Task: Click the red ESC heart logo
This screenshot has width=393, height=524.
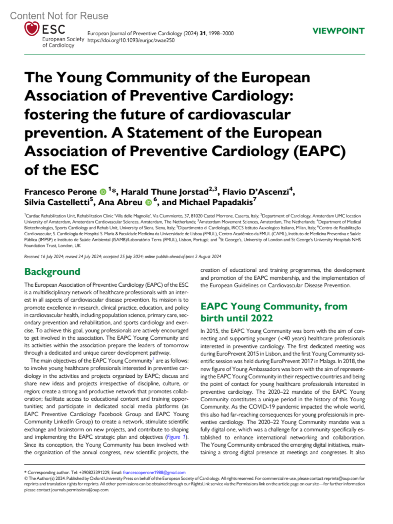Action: click(x=32, y=29)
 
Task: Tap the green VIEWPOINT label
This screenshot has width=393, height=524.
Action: click(x=338, y=31)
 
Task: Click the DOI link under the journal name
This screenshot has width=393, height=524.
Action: click(x=131, y=41)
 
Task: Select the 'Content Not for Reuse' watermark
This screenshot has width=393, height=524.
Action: click(x=59, y=16)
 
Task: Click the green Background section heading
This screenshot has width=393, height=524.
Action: click(x=52, y=272)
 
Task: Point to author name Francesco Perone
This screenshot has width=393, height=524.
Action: click(x=60, y=192)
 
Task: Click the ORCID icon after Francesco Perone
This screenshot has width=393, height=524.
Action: click(x=103, y=192)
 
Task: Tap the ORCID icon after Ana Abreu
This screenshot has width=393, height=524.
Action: click(x=148, y=203)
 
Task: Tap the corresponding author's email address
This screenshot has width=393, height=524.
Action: click(x=154, y=472)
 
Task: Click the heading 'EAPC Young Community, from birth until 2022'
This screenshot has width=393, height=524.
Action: click(x=273, y=312)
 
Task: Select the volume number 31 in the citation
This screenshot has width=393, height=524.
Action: click(x=203, y=33)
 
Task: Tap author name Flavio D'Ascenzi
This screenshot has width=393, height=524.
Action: click(x=255, y=192)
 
